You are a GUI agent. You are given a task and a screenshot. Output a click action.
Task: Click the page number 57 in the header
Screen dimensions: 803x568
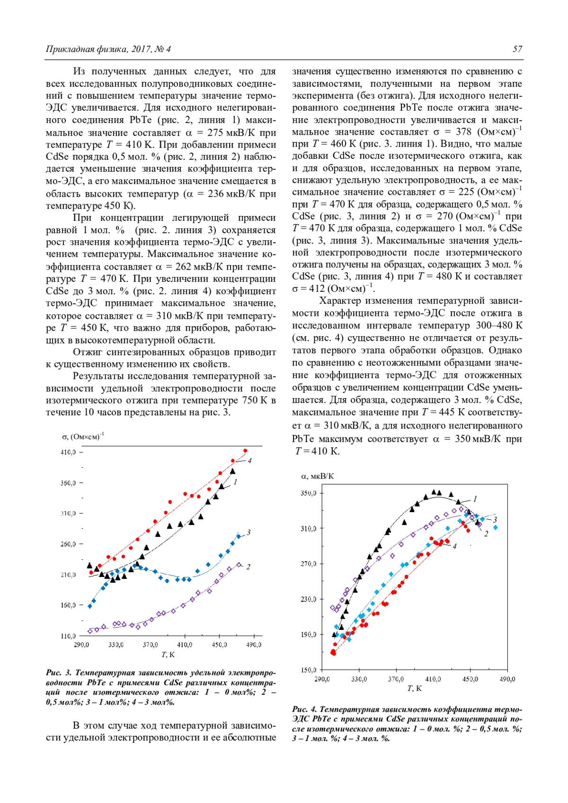coord(517,49)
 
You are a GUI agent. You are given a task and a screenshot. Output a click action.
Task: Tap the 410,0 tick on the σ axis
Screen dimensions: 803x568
coord(68,452)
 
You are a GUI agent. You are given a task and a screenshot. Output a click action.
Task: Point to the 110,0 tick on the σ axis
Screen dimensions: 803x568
coord(68,636)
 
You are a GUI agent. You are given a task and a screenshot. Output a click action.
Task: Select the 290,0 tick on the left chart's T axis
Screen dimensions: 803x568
coord(81,645)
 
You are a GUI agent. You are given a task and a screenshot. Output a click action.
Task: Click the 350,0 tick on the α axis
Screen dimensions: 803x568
coord(309,493)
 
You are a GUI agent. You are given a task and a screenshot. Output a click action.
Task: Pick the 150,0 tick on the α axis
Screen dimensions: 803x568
coord(309,670)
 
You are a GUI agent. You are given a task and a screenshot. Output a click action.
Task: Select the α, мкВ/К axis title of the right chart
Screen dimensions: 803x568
coord(318,476)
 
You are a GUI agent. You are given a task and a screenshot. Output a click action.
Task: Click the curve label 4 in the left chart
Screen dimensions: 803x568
coord(249,460)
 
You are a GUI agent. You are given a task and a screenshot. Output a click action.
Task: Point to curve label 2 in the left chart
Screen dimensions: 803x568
coord(248,567)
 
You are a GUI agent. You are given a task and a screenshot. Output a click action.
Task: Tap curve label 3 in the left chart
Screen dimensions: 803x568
coord(248,532)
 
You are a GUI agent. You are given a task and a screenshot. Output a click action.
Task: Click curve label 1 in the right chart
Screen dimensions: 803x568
coord(475,499)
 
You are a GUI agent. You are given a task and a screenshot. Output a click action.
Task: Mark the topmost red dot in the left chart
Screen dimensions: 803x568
coord(245,451)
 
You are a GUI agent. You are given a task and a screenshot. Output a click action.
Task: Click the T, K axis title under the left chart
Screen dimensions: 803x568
coord(168,655)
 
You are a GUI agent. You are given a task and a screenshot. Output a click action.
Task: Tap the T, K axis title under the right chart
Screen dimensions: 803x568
coord(414,689)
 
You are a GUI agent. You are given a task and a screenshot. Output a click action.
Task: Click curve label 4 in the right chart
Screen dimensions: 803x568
coord(454,546)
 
